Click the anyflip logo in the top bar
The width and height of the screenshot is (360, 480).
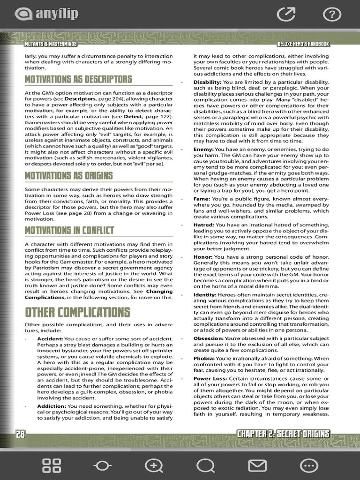point(46,14)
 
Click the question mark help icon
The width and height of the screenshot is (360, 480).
point(332,15)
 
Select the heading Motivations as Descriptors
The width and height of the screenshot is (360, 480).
point(78,79)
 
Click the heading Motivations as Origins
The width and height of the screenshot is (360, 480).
point(68,175)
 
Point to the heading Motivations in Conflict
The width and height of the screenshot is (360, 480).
point(69,230)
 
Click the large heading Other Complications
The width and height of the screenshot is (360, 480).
point(77,312)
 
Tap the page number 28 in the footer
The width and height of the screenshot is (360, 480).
point(20,434)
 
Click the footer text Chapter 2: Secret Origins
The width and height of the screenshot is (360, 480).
point(283,434)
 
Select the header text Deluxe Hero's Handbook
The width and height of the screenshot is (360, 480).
point(303,44)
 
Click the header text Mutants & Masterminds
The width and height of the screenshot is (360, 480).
point(51,44)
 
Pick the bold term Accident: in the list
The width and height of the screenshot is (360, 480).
point(50,338)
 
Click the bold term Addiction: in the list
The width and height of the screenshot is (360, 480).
point(52,406)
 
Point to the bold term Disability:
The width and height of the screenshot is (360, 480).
point(207,82)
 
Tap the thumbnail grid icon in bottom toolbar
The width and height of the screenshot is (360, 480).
point(52,465)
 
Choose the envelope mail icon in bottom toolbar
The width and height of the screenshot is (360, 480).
point(256,465)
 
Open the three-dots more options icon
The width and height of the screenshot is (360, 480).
point(308,465)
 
